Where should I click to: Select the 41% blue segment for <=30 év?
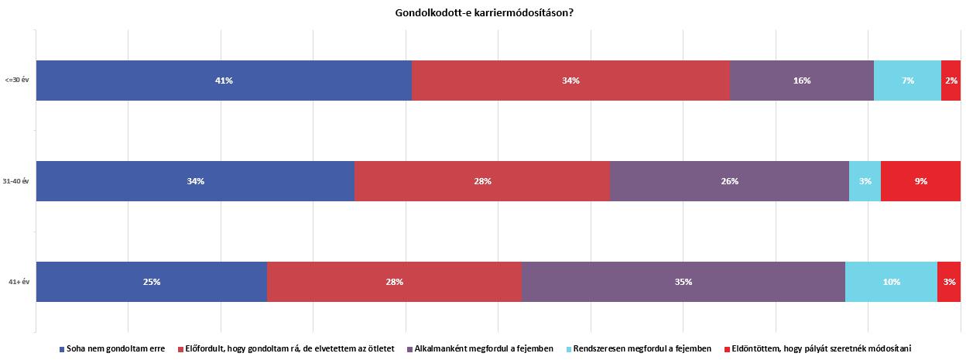(224, 81)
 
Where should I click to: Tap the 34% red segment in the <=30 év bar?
(570, 81)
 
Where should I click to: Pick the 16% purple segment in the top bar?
(801, 81)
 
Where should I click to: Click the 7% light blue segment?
(907, 81)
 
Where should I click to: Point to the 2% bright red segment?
(951, 81)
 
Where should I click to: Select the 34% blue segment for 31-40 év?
(195, 181)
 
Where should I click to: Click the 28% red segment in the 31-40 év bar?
(482, 181)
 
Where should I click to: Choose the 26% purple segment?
(729, 181)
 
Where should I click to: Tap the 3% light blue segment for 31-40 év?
(865, 181)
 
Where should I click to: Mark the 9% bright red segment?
(920, 181)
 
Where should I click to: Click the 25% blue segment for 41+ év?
(152, 282)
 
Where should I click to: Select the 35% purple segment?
(683, 282)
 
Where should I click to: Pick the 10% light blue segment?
(891, 282)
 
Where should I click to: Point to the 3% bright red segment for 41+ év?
(949, 282)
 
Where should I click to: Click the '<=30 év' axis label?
(16, 81)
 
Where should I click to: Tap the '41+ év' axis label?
(18, 282)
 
